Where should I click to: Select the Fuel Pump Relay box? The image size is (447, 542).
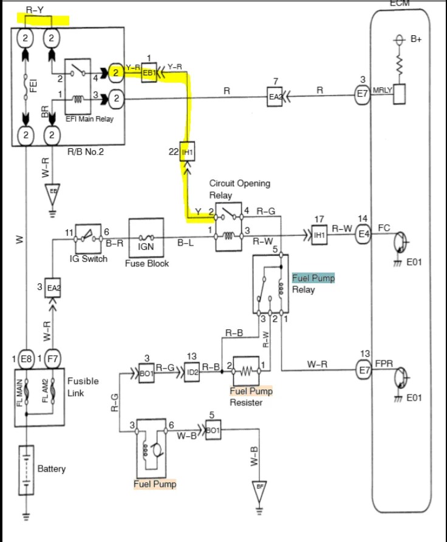270,284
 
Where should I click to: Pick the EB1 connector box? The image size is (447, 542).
149,74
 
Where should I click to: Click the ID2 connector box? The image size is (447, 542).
191,372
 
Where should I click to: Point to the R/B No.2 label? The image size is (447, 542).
86,152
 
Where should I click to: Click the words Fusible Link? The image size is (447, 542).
83,386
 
